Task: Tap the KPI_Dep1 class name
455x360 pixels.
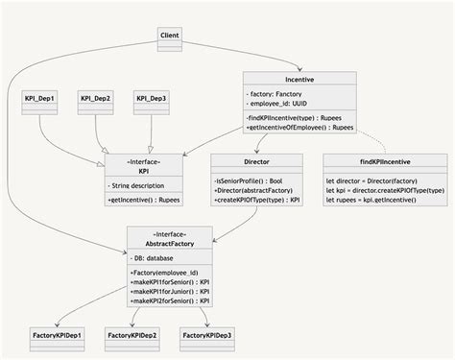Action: [39, 98]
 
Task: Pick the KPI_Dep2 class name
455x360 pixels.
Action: [95, 98]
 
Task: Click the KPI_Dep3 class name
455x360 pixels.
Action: [151, 98]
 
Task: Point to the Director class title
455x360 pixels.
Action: [245, 161]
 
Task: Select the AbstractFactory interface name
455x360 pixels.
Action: [169, 244]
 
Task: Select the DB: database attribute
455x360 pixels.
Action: [153, 258]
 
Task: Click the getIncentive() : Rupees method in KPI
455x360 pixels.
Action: [144, 199]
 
